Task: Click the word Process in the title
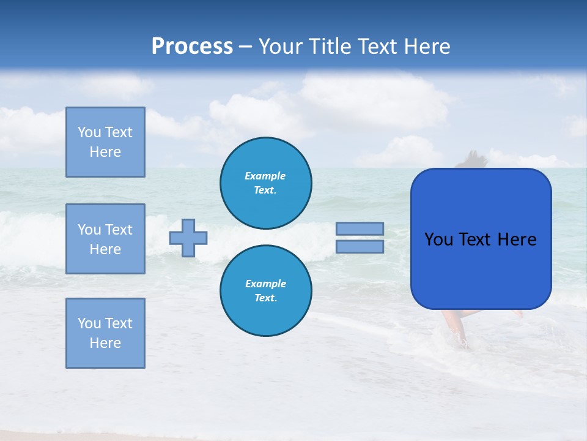(192, 47)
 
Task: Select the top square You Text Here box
(105, 142)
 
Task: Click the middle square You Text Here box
(105, 239)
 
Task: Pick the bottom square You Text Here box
(105, 333)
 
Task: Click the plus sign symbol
(188, 238)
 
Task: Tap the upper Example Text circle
(265, 183)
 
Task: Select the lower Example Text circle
(265, 291)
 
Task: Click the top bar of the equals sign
(360, 228)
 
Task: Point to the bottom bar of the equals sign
(360, 246)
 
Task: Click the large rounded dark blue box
(481, 269)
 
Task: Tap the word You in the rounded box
(438, 239)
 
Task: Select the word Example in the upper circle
(265, 176)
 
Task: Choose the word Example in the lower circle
(265, 284)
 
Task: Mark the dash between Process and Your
(245, 47)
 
